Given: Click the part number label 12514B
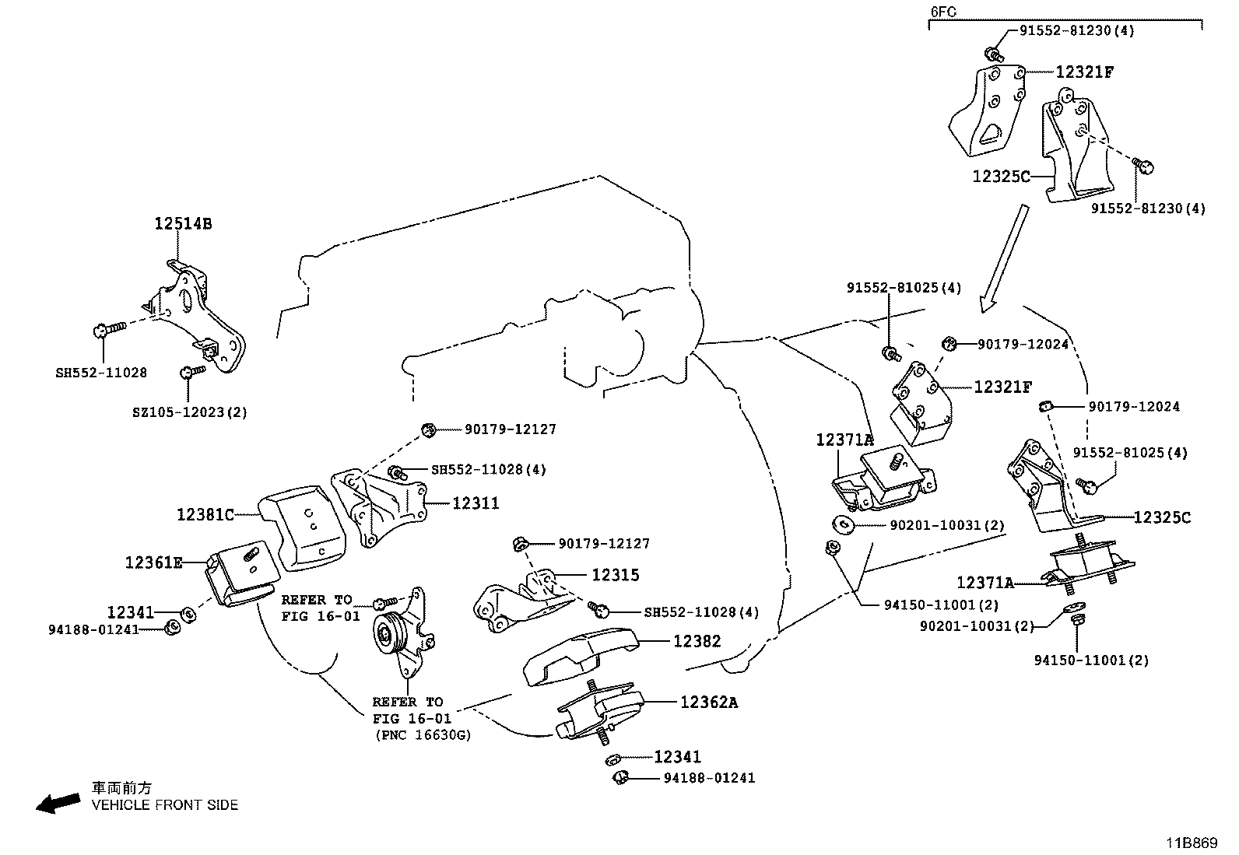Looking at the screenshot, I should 182,224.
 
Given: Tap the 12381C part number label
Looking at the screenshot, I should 205,514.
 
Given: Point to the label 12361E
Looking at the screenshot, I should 153,562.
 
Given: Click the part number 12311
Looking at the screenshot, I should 476,503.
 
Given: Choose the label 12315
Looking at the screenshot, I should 615,575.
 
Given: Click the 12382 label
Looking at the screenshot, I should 697,641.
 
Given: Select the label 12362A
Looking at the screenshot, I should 708,702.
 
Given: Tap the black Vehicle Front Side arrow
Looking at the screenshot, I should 58,803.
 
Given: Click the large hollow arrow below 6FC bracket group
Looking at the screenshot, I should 1004,258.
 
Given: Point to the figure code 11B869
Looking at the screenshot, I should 1191,843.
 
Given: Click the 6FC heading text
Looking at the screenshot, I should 943,12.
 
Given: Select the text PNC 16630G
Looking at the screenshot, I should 423,734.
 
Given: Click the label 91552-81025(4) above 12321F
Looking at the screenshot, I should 904,288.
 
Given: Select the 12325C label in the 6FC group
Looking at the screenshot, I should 1001,177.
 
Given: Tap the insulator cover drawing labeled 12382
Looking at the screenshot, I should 580,657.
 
